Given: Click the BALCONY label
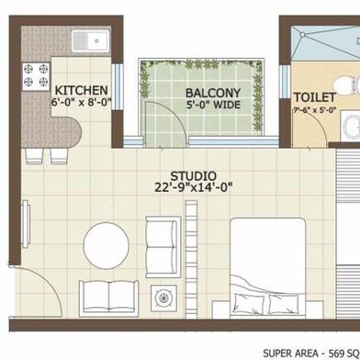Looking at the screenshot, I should click(213, 94).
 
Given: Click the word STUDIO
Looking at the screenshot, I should click(193, 175).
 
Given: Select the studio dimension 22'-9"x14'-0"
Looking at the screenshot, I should click(194, 189).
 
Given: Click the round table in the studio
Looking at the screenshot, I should click(108, 246).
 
